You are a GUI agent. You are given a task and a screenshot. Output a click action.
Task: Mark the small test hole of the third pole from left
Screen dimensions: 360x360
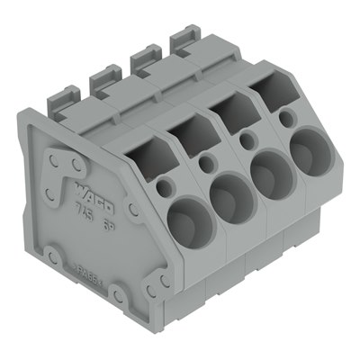(x=246, y=139)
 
